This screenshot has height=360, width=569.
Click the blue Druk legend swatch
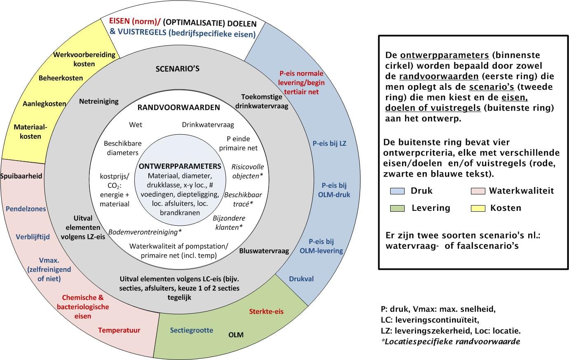pyautogui.click(x=397, y=191)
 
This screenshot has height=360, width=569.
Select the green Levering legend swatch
pyautogui.click(x=397, y=208)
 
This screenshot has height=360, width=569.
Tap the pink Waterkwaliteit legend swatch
pyautogui.click(x=478, y=191)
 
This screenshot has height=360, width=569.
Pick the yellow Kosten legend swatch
pyautogui.click(x=478, y=208)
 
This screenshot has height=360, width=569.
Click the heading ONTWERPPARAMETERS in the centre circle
pyautogui.click(x=180, y=166)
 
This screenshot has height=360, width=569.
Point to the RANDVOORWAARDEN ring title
pyautogui.click(x=178, y=108)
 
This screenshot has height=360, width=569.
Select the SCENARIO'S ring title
pyautogui.click(x=178, y=69)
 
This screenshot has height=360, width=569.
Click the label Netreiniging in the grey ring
pyautogui.click(x=99, y=102)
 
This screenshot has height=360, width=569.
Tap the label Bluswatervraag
pyautogui.click(x=264, y=251)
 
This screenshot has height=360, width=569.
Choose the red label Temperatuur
pyautogui.click(x=119, y=330)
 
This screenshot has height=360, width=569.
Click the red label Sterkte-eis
pyautogui.click(x=266, y=311)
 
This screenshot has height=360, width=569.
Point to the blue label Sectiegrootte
pyautogui.click(x=192, y=330)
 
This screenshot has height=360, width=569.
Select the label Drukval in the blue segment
pyautogui.click(x=301, y=279)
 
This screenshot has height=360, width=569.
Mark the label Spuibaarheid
pyautogui.click(x=21, y=176)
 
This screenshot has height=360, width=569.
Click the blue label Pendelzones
pyautogui.click(x=26, y=209)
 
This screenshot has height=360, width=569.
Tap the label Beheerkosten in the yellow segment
pyautogui.click(x=61, y=78)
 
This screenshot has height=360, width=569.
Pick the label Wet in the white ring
pyautogui.click(x=136, y=125)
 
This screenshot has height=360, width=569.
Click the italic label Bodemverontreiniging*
pyautogui.click(x=145, y=232)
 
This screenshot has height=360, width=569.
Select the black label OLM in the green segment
pyautogui.click(x=236, y=335)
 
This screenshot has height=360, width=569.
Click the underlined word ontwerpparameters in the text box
pyautogui.click(x=445, y=55)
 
